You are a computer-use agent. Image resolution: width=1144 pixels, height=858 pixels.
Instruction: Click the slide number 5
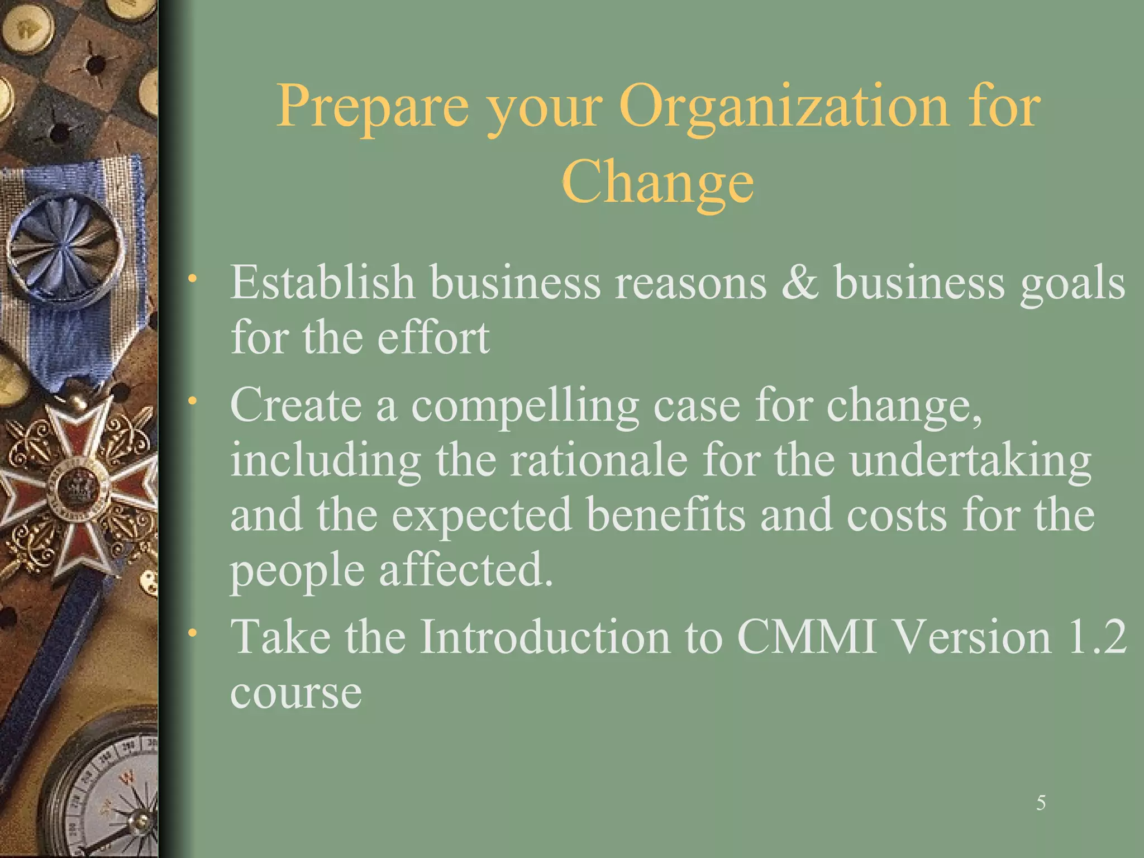[x=1041, y=803]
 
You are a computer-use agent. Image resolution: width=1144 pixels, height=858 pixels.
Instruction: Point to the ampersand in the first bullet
[x=800, y=283]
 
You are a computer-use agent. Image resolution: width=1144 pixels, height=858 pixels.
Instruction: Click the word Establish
[x=322, y=283]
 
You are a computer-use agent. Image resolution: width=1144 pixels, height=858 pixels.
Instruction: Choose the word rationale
[x=598, y=460]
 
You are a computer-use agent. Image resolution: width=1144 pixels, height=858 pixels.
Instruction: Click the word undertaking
[x=970, y=461]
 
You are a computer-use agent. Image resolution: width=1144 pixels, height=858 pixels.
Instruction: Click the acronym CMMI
[x=807, y=637]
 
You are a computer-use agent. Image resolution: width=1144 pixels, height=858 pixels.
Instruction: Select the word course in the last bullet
[x=296, y=693]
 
